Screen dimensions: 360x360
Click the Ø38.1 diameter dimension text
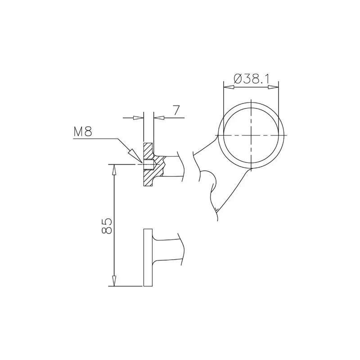251,78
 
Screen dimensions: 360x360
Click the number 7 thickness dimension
176,110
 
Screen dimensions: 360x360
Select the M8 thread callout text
83,132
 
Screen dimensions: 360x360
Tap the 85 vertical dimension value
107,226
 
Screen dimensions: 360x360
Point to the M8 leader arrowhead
135,156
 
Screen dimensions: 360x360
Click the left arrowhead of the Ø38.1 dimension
229,87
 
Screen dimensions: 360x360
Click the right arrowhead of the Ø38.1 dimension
273,87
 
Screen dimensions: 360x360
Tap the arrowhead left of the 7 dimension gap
139,118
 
